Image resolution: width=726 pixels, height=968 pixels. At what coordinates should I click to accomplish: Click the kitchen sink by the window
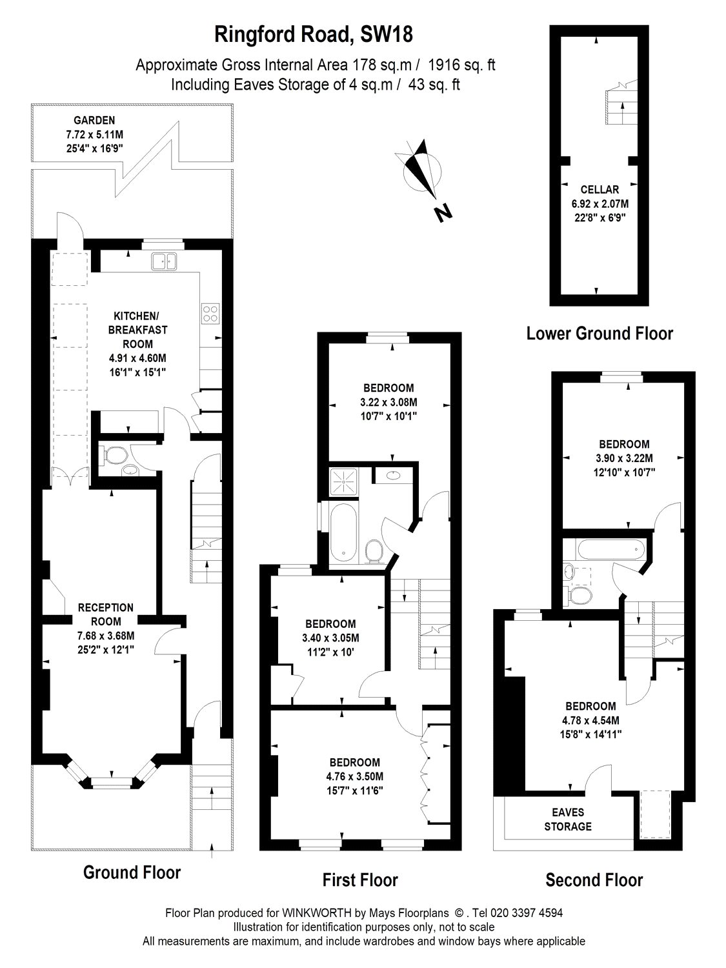pyautogui.click(x=164, y=261)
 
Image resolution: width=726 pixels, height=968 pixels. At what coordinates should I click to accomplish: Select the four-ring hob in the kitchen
pyautogui.click(x=211, y=313)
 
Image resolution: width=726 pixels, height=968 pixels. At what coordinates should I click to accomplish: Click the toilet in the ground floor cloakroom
pyautogui.click(x=113, y=455)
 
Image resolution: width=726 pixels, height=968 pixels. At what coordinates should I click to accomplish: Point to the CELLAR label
pyautogui.click(x=599, y=190)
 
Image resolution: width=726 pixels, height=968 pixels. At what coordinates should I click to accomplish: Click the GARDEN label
pyautogui.click(x=94, y=120)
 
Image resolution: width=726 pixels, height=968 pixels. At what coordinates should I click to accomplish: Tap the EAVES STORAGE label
pyautogui.click(x=567, y=820)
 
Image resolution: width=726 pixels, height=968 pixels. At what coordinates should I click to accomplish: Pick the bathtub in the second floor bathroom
pyautogui.click(x=610, y=551)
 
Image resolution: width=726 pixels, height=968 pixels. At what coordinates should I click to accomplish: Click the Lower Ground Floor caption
pyautogui.click(x=600, y=334)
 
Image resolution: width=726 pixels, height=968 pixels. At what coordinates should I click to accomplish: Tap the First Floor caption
pyautogui.click(x=360, y=880)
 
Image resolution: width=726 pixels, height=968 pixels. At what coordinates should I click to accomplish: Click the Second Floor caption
pyautogui.click(x=594, y=880)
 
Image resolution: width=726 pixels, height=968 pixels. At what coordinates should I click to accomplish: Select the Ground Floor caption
pyautogui.click(x=132, y=872)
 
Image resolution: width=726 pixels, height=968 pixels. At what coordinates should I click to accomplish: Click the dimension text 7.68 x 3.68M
pyautogui.click(x=105, y=636)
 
